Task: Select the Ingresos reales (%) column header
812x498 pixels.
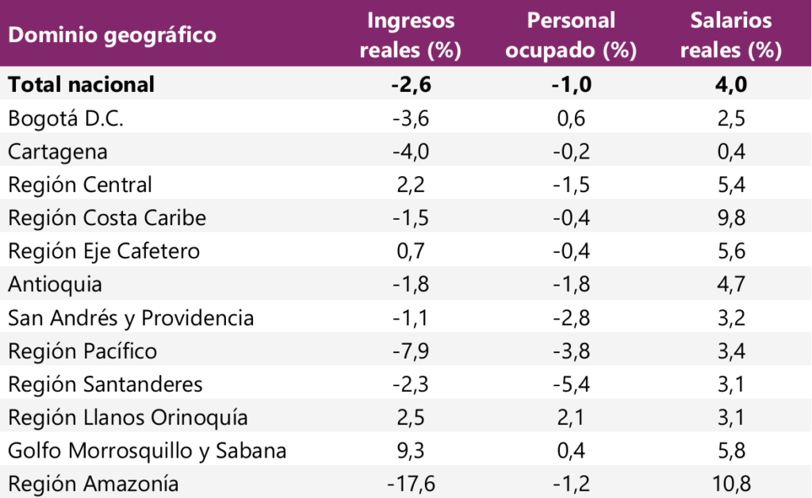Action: [x=411, y=35]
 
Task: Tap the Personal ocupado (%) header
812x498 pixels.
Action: [x=571, y=35]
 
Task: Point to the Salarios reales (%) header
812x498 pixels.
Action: [x=730, y=35]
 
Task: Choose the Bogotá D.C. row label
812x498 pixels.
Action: [x=66, y=117]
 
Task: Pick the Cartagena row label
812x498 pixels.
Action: [x=58, y=151]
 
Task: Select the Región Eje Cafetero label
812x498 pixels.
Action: [x=104, y=251]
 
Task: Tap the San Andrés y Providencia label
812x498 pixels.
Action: [x=131, y=318]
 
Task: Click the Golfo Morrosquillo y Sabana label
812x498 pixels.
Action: [x=147, y=450]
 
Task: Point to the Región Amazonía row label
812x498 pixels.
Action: [x=93, y=484]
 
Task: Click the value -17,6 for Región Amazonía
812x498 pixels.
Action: [x=411, y=484]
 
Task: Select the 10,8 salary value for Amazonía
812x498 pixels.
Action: [x=730, y=484]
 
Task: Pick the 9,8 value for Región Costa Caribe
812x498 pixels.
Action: [x=730, y=218]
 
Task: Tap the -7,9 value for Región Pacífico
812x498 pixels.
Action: [x=411, y=351]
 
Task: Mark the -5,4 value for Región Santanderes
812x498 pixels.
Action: [x=571, y=385]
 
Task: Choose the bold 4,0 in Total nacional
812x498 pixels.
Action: [x=730, y=84]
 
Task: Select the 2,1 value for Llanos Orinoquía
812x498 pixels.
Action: [x=571, y=417]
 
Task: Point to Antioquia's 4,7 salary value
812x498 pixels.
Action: [x=730, y=284]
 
